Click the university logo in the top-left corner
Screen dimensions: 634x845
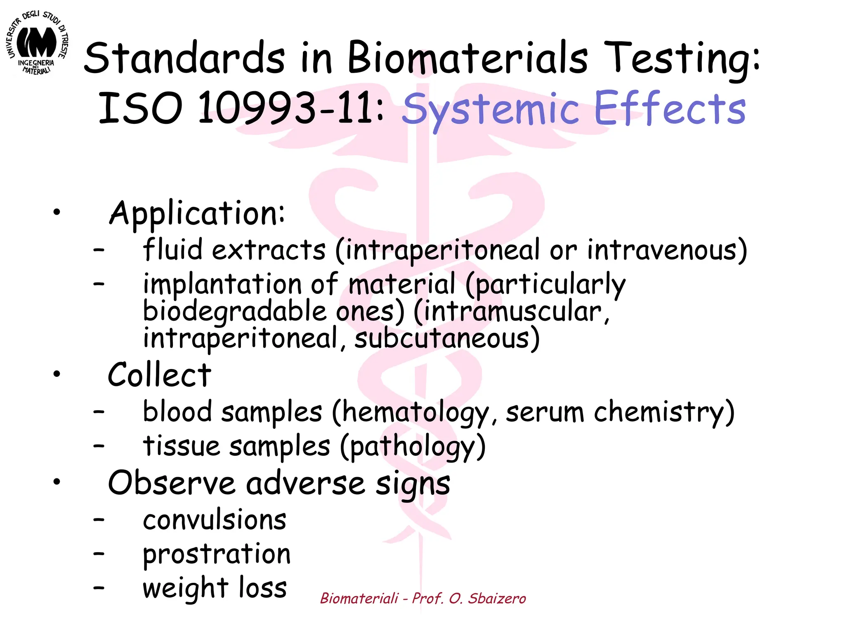38,44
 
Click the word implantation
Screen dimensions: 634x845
222,285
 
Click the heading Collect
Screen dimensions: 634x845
159,375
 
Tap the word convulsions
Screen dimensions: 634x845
215,520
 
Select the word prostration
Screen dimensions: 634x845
217,555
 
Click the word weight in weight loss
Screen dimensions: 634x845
185,589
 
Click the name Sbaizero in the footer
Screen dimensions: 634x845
497,599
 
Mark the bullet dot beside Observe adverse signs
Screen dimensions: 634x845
57,481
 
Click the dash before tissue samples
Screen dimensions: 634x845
99,446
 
